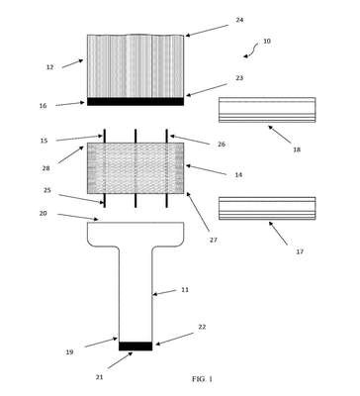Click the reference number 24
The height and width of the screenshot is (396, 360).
coord(239,20)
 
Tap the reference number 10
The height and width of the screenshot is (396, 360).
coord(267,42)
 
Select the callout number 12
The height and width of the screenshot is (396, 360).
coord(49,67)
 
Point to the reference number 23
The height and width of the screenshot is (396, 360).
coord(239,78)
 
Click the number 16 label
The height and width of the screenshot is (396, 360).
coord(43,106)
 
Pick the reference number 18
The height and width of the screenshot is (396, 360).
coord(297,149)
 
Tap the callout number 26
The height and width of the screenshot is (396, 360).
coord(222,145)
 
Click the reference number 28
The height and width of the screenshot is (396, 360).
coord(45,168)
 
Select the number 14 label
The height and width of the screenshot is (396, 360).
coord(238,175)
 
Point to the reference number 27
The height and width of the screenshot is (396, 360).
coord(214,241)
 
